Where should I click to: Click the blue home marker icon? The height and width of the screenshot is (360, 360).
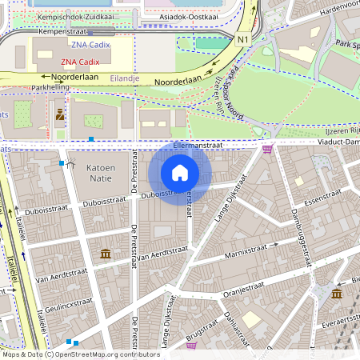pos(180,173)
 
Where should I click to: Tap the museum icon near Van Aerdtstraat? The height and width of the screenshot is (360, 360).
pos(106,254)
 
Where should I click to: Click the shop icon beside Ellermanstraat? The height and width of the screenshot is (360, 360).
pos(267,149)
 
